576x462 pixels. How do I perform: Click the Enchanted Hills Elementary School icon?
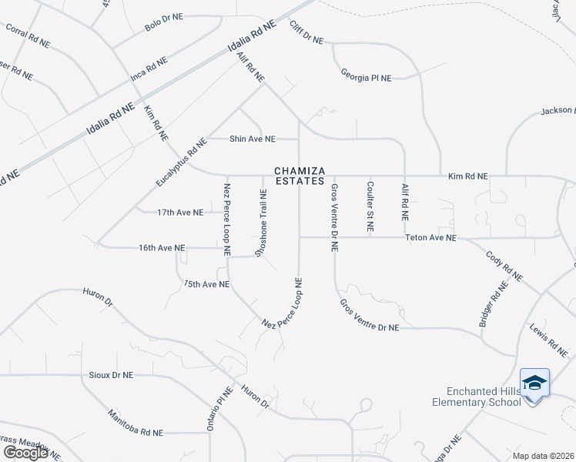coord(534,383)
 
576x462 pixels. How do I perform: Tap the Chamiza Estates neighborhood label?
coord(300,176)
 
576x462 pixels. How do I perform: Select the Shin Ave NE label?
coord(253,139)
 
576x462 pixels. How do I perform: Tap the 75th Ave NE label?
coord(206,284)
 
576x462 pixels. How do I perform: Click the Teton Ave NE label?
coord(430,239)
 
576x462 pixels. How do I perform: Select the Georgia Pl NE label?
coord(367,75)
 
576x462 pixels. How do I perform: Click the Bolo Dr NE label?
coord(163,22)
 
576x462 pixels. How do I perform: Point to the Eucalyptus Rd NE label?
coord(182,162)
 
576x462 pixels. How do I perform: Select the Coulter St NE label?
coord(370,207)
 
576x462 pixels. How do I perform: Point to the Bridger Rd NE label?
coord(494,304)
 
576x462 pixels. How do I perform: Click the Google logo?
coord(25,453)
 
